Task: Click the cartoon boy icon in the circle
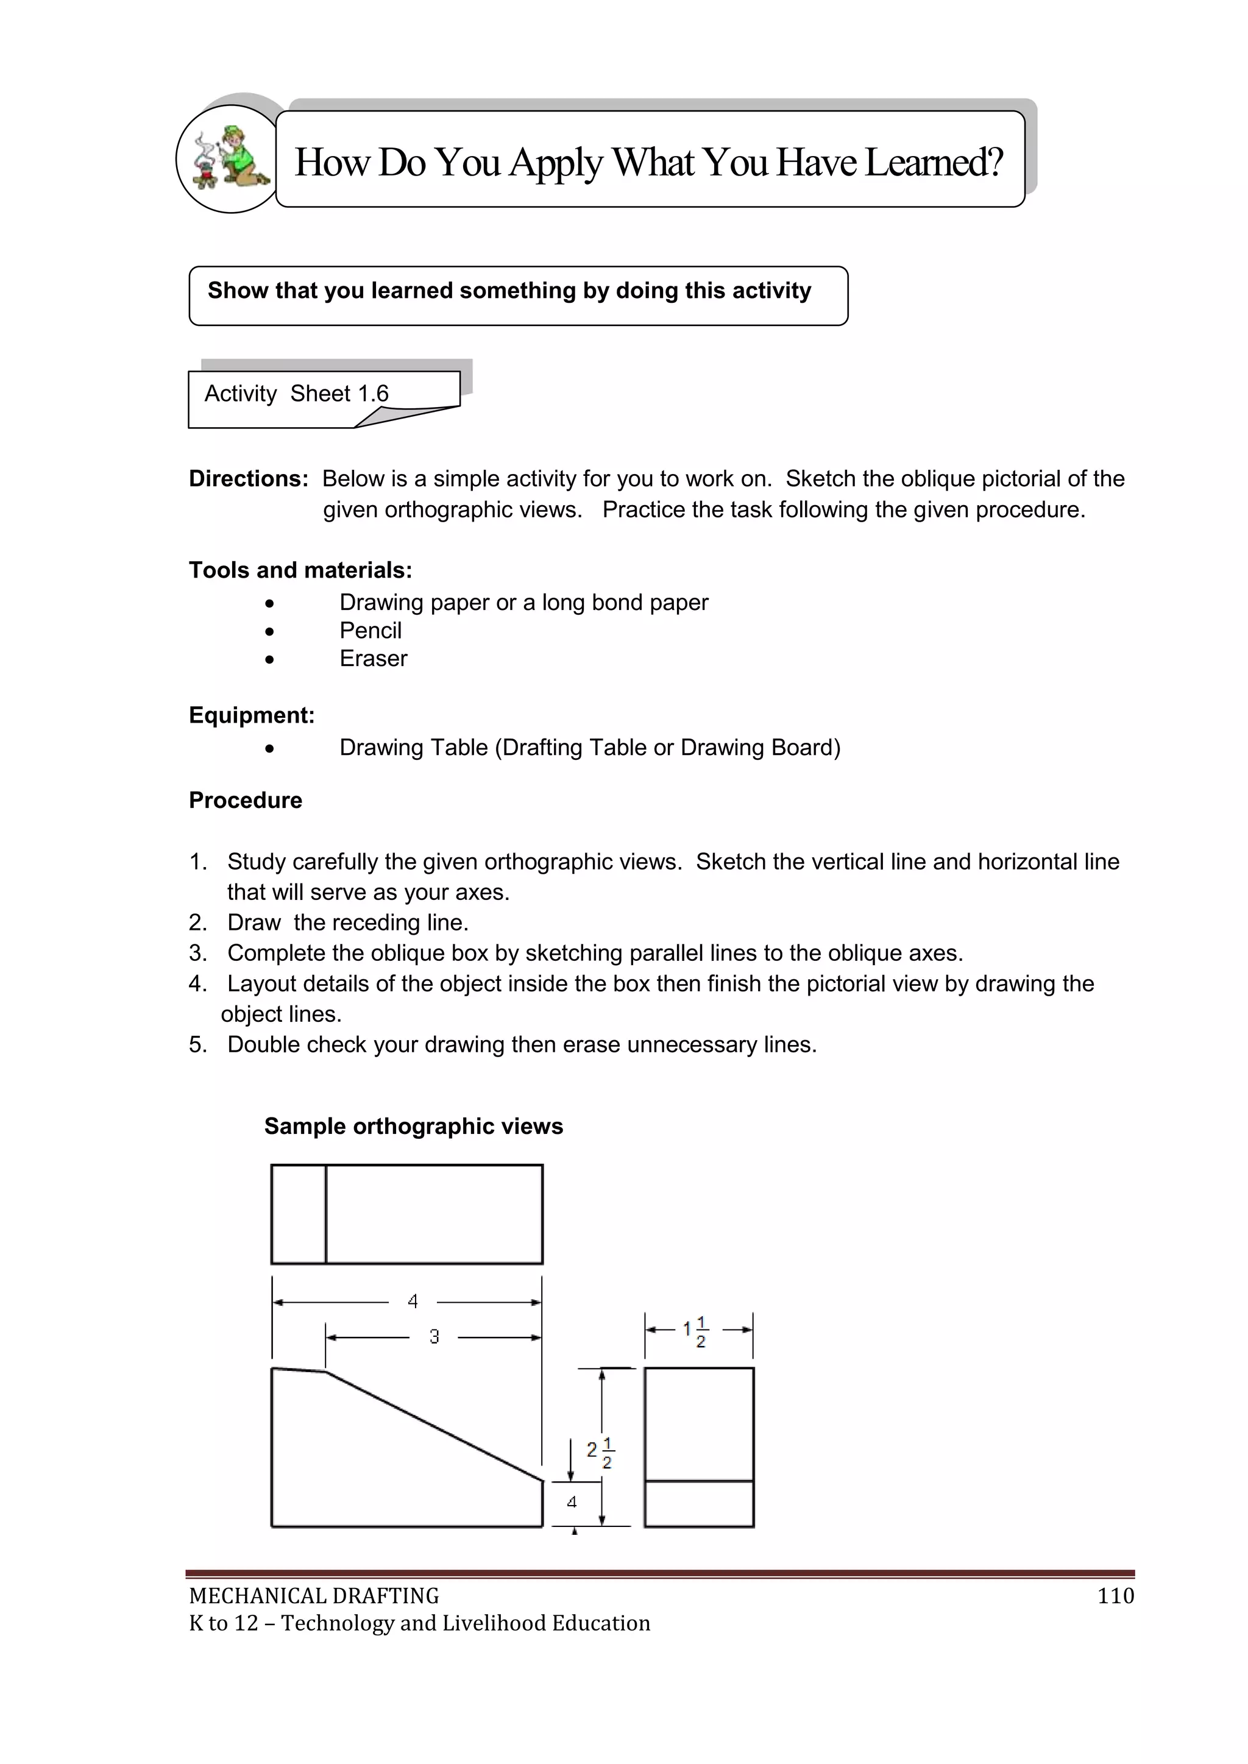click(230, 158)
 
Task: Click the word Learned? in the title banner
click(934, 162)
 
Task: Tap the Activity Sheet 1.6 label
click(297, 394)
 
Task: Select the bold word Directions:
click(248, 479)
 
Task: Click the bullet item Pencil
click(370, 631)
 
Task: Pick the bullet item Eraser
click(374, 659)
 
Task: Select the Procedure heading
click(245, 801)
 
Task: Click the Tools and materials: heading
click(300, 570)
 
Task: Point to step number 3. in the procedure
click(198, 954)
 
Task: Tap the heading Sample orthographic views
click(413, 1126)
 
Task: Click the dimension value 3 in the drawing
click(434, 1337)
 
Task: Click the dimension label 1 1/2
click(695, 1332)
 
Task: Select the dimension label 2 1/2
click(600, 1453)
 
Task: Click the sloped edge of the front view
click(434, 1426)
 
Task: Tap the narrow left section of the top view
click(299, 1214)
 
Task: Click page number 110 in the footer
click(1115, 1596)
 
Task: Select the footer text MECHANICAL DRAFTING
click(314, 1596)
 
